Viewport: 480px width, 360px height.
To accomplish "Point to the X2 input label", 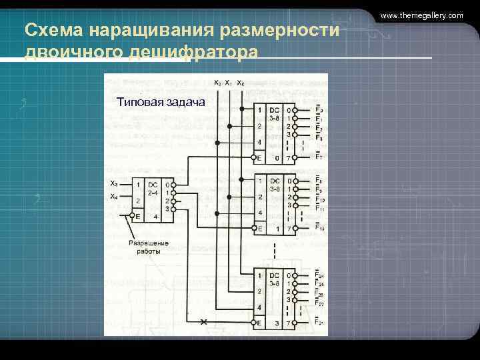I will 217,83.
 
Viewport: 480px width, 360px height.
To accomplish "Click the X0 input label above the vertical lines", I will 240,83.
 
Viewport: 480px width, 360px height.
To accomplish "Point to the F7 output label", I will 320,158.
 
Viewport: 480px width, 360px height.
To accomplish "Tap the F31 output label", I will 321,323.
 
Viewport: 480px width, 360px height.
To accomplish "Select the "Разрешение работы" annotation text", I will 149,247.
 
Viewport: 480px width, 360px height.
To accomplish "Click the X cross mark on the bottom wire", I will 205,323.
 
